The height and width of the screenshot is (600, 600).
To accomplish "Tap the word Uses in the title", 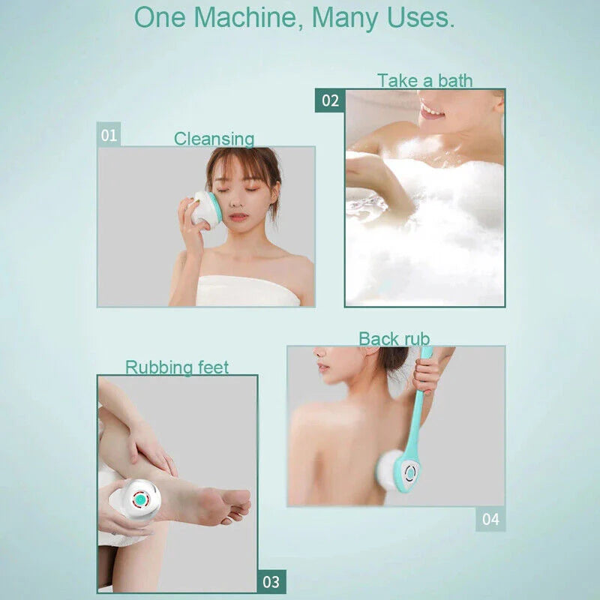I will click(420, 17).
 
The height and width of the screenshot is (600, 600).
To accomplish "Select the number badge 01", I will click(109, 136).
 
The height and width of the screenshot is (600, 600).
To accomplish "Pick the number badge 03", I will click(271, 581).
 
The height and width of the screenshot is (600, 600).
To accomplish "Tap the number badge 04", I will click(490, 519).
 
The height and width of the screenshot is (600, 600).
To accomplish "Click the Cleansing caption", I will click(214, 139).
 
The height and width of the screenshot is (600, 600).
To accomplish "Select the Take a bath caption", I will click(424, 80).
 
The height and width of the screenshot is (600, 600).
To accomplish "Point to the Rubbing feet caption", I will click(177, 367).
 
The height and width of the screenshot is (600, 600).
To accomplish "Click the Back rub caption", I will click(394, 339).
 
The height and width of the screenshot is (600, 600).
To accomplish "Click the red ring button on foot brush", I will click(140, 499).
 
